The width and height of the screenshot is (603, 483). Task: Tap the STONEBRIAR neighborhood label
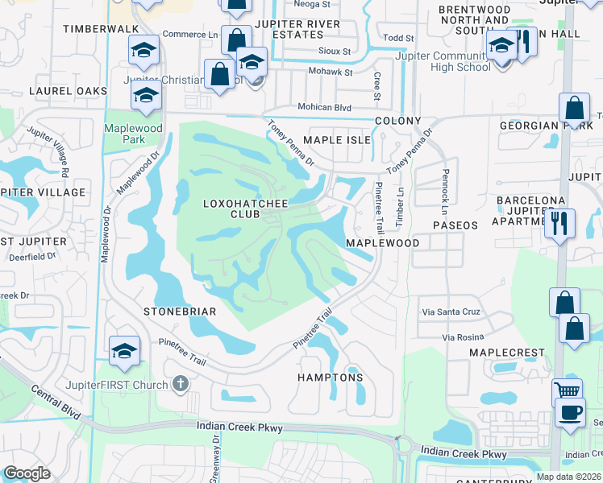tap(177, 311)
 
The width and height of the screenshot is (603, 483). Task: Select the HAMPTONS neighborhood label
tap(330, 378)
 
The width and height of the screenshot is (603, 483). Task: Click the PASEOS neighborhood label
tap(455, 225)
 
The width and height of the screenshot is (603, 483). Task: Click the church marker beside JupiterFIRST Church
tap(181, 384)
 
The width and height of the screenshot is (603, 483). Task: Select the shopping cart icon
tap(568, 392)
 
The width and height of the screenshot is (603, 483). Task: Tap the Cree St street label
tap(376, 86)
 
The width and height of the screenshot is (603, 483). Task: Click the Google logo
tap(27, 473)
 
